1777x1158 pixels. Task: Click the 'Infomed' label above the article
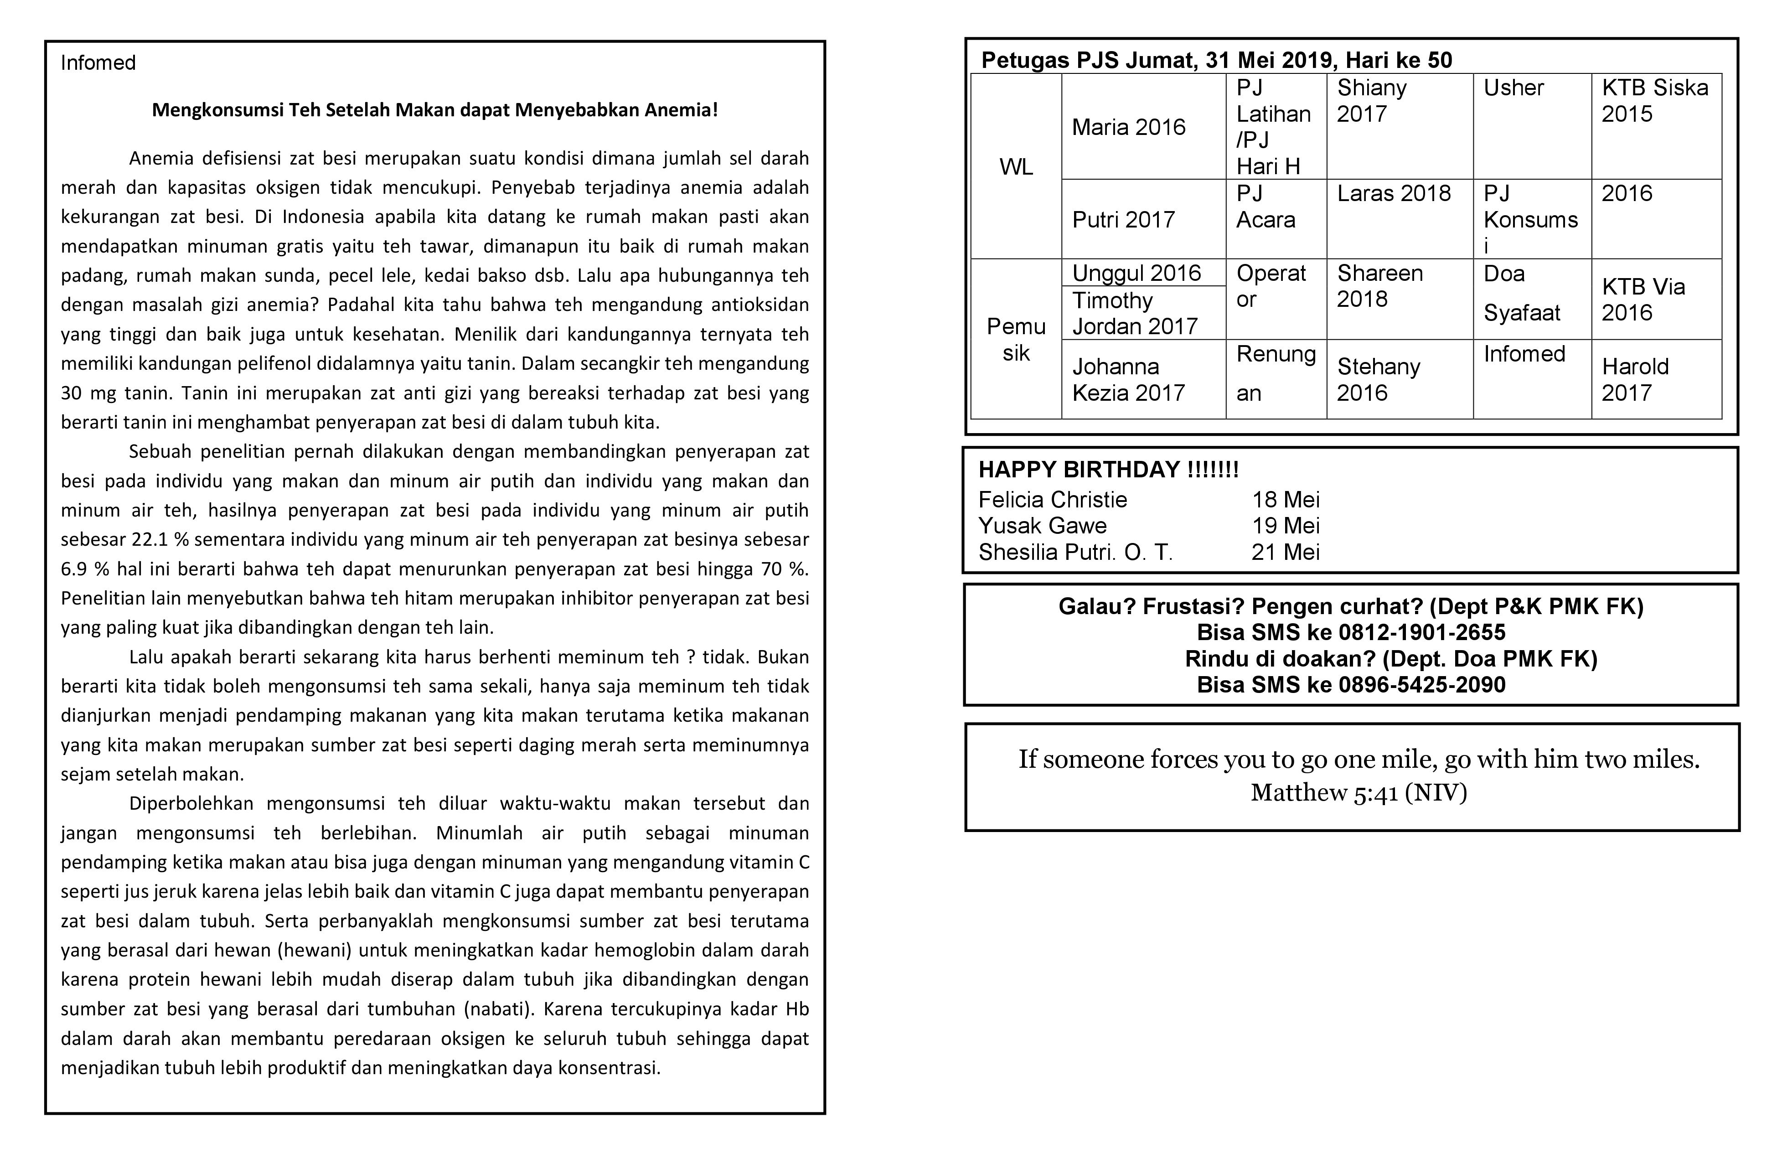pos(98,63)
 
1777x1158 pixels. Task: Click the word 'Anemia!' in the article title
pos(680,110)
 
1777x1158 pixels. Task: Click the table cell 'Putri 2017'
pos(1123,219)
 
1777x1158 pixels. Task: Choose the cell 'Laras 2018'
pos(1393,193)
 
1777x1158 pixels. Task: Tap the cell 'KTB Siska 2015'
pos(1654,101)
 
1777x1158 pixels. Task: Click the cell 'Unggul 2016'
pos(1136,273)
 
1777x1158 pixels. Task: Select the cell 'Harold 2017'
pos(1634,379)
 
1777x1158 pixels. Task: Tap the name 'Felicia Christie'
pos(1052,500)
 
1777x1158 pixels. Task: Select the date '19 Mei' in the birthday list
pos(1285,526)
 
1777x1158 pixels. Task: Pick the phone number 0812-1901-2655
pos(1421,632)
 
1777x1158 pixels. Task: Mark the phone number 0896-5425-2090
pos(1421,685)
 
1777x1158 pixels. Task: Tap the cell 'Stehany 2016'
pos(1378,379)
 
